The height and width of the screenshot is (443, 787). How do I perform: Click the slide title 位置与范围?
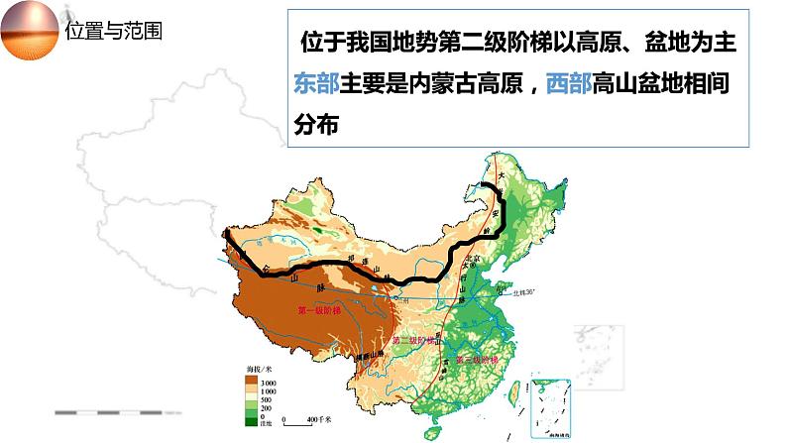114,31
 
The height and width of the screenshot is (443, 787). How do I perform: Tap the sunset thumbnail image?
31,30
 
